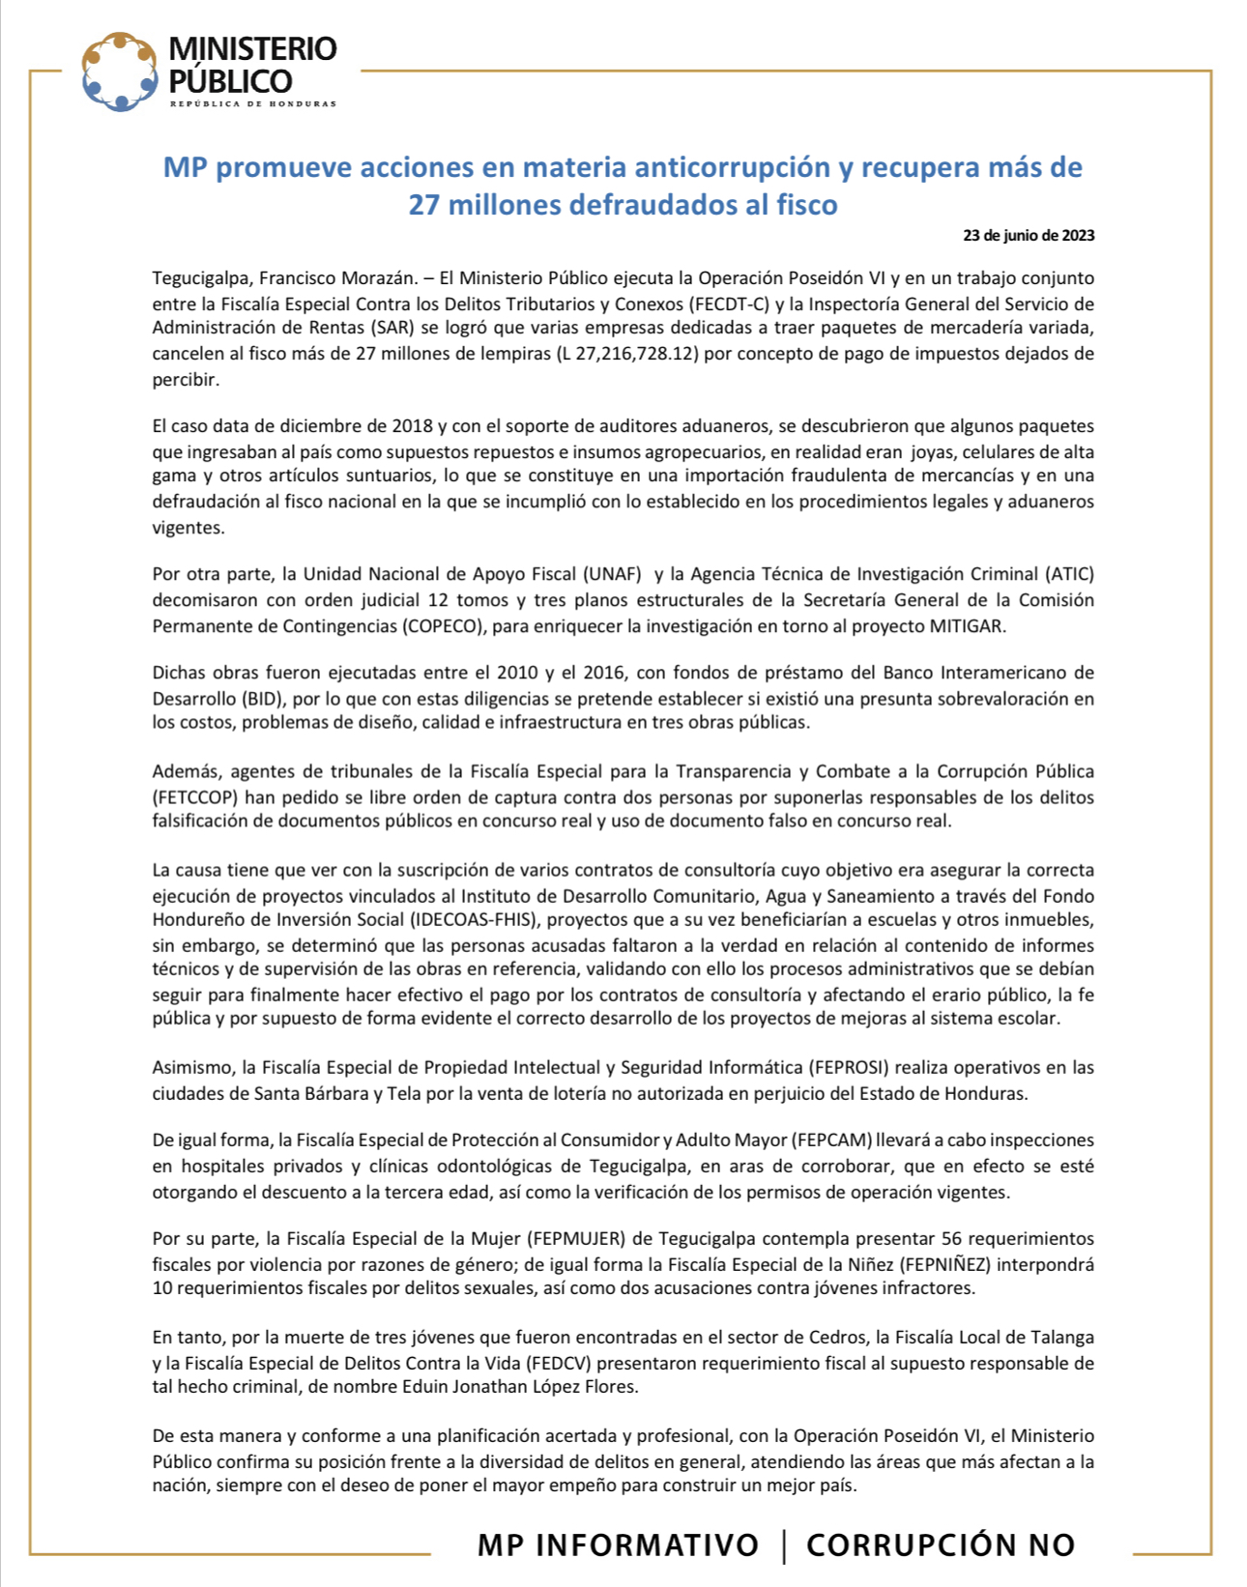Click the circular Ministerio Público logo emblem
[x=119, y=72]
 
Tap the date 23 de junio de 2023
[x=1029, y=235]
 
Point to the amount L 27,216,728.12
[x=625, y=354]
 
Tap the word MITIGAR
[x=967, y=625]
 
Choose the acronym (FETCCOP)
[x=196, y=797]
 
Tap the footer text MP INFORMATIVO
[x=618, y=1544]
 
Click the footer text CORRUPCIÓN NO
[x=940, y=1544]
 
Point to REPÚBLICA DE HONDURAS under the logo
[x=253, y=103]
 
